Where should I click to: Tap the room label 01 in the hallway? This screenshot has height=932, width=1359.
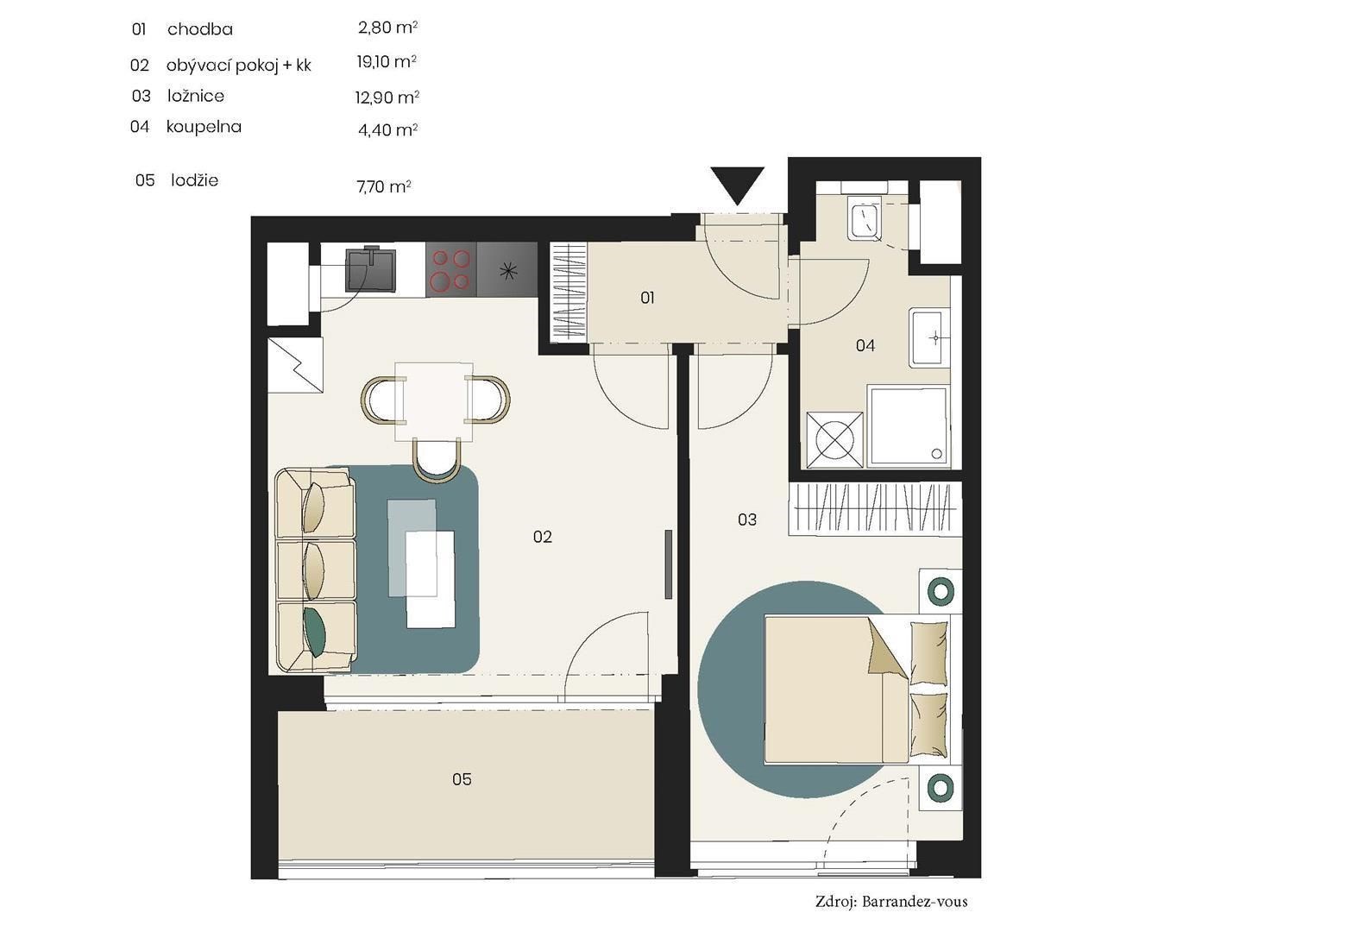point(647,298)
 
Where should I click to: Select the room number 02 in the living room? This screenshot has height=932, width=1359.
point(543,537)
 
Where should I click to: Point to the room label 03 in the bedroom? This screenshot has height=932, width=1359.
point(747,520)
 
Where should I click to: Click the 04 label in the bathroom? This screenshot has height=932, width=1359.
point(865,346)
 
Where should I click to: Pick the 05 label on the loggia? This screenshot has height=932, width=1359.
point(462,779)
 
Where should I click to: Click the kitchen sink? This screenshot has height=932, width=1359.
point(370,269)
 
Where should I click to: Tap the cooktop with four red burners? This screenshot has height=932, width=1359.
point(450,269)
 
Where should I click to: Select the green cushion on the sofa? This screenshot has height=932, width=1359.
point(315,632)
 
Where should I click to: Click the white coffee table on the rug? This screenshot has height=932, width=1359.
point(431,579)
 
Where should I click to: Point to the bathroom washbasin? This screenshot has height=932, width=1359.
point(929,337)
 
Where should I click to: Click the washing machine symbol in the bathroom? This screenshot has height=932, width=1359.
point(835,440)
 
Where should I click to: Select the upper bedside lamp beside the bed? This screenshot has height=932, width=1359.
point(941,591)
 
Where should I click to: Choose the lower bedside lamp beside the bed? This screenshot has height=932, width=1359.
point(941,787)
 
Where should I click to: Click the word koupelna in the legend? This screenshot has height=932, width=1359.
point(204,127)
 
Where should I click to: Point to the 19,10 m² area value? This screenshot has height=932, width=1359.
point(387,62)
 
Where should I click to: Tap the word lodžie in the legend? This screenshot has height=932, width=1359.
point(194,180)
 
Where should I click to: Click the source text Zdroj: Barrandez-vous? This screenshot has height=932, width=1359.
point(891,902)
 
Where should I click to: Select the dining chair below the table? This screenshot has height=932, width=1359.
point(437,460)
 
